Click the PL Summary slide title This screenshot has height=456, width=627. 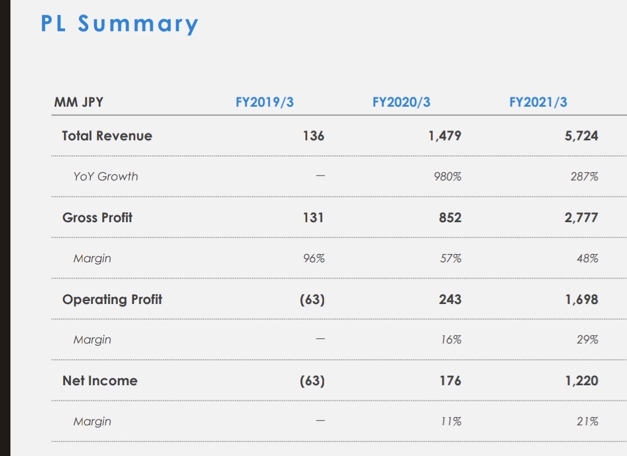point(120,24)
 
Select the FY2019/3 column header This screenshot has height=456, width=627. point(264,103)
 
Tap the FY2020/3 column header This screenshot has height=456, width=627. point(401,103)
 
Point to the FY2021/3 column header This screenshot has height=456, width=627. point(538,103)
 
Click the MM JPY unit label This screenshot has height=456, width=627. point(78,103)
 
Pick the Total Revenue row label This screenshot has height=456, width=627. point(107,136)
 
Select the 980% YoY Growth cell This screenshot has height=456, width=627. point(448,176)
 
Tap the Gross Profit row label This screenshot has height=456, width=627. point(97,218)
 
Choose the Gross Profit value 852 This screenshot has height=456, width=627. point(451,218)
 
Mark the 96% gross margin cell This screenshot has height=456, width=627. point(313,258)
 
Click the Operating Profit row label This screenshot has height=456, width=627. point(112,299)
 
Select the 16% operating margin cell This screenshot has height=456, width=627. point(451,340)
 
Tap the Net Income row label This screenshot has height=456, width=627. point(100,381)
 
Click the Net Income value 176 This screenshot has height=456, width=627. point(451,381)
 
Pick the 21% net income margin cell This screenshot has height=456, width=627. point(587,422)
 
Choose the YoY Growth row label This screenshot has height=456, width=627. point(106,176)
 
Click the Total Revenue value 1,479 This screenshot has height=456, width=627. point(445,136)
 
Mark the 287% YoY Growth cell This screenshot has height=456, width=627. point(585,176)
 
